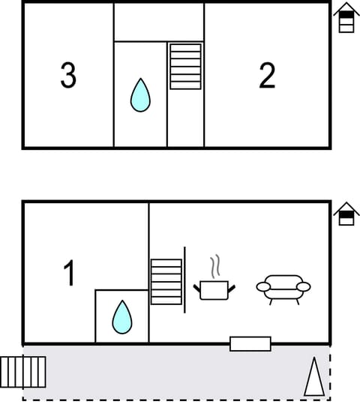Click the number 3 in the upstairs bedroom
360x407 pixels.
(68, 76)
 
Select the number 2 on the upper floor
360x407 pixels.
(267, 76)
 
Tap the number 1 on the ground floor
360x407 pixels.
(69, 274)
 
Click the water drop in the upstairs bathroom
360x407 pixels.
(140, 95)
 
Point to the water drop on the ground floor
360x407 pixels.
(122, 317)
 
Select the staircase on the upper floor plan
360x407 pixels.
(185, 67)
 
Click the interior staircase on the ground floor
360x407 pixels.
(166, 282)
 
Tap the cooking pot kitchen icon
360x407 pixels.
(214, 289)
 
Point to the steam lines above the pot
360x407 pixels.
(215, 266)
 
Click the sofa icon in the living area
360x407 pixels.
(283, 287)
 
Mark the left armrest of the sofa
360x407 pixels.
(263, 286)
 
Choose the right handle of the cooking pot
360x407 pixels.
(231, 288)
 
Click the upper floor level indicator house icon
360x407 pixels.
(346, 18)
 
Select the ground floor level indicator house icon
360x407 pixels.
(346, 214)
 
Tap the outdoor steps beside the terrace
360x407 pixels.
(23, 372)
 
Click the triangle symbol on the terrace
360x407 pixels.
(314, 377)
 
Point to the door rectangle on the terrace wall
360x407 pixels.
(250, 344)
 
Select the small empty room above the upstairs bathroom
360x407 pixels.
(158, 22)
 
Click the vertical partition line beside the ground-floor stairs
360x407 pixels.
(184, 279)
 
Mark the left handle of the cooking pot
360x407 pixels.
(197, 288)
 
